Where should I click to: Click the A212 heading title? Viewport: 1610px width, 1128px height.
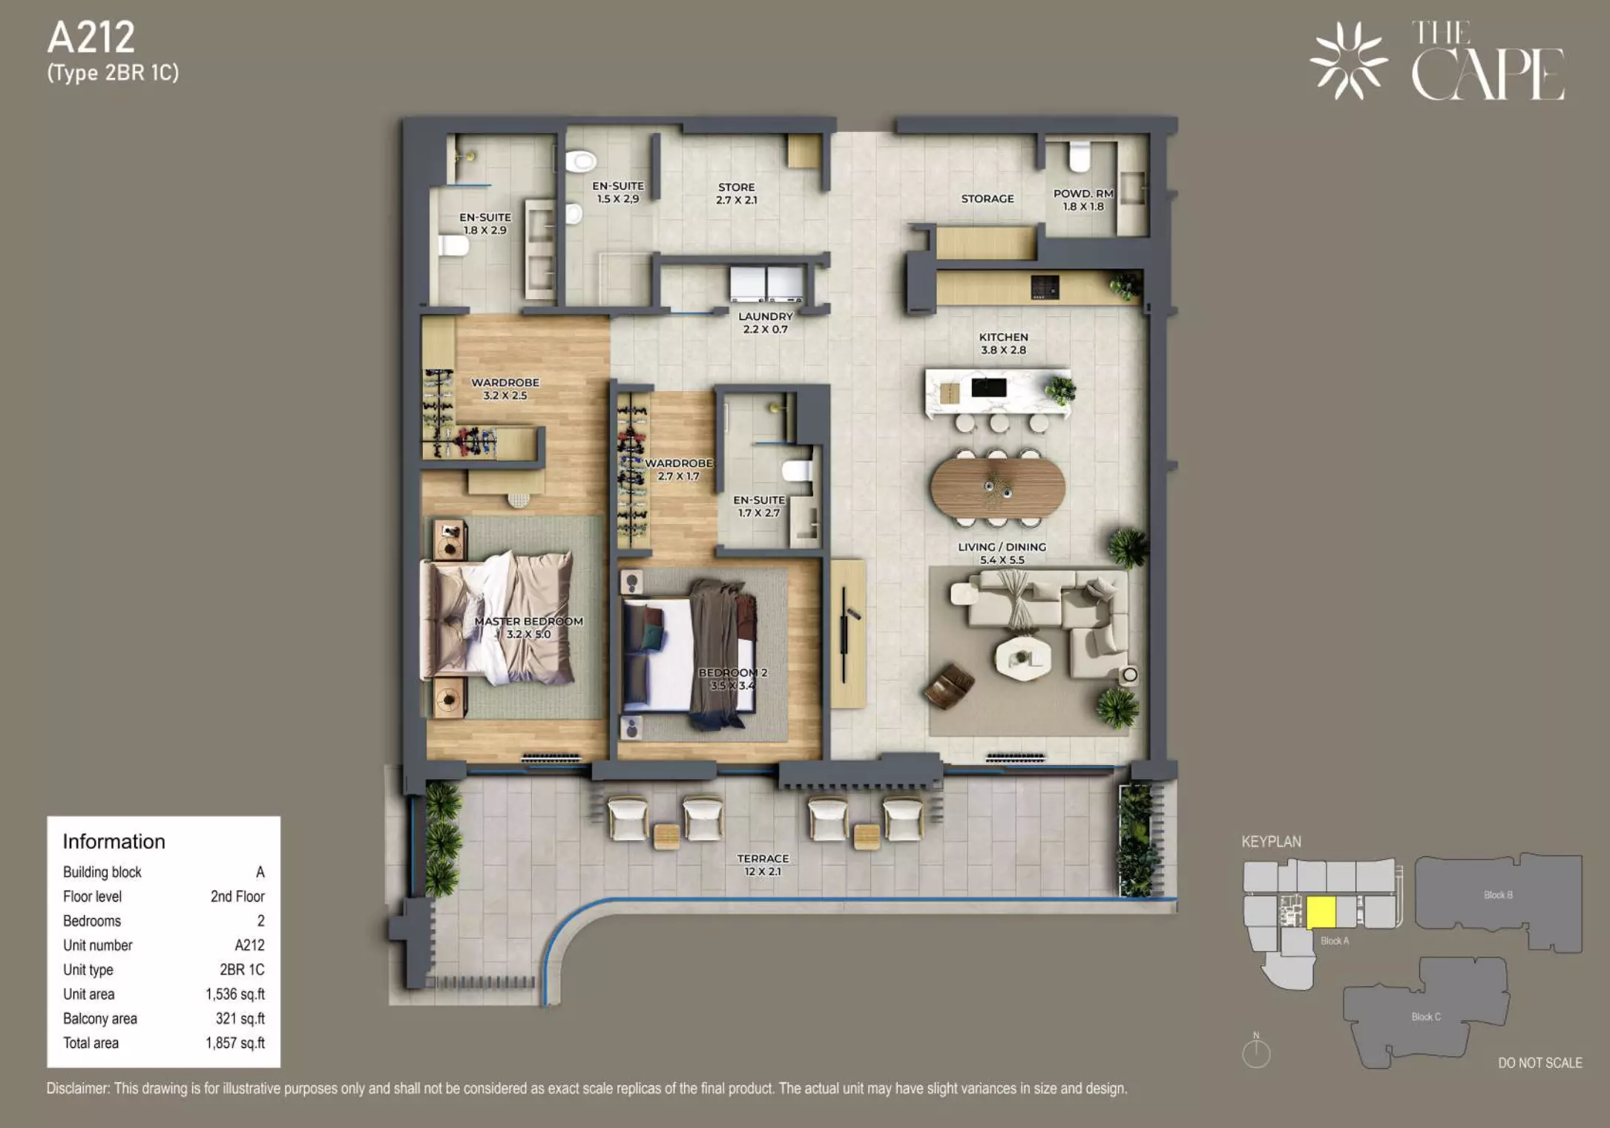(x=91, y=38)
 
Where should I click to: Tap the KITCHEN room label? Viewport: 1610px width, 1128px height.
(x=1003, y=337)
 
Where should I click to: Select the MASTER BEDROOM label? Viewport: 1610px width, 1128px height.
(x=528, y=621)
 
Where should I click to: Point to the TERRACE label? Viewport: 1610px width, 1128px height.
(x=763, y=859)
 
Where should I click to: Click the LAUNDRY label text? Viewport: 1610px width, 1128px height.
(x=766, y=316)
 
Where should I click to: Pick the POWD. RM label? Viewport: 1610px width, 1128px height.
(x=1083, y=194)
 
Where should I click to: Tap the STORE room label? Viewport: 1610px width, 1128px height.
(x=736, y=188)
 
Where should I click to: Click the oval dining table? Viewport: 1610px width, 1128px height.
(x=998, y=487)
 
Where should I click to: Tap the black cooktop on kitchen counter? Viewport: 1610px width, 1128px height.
(x=1045, y=287)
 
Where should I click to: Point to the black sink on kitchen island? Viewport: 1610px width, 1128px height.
(x=989, y=387)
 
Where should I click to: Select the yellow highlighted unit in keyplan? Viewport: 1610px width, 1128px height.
(x=1321, y=912)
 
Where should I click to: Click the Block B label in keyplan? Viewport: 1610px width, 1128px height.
(x=1498, y=895)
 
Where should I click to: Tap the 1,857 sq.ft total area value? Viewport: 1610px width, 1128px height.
(x=235, y=1043)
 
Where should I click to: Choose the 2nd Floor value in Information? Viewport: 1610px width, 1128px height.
(x=237, y=896)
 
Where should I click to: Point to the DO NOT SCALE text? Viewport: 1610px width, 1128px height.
(x=1540, y=1063)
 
